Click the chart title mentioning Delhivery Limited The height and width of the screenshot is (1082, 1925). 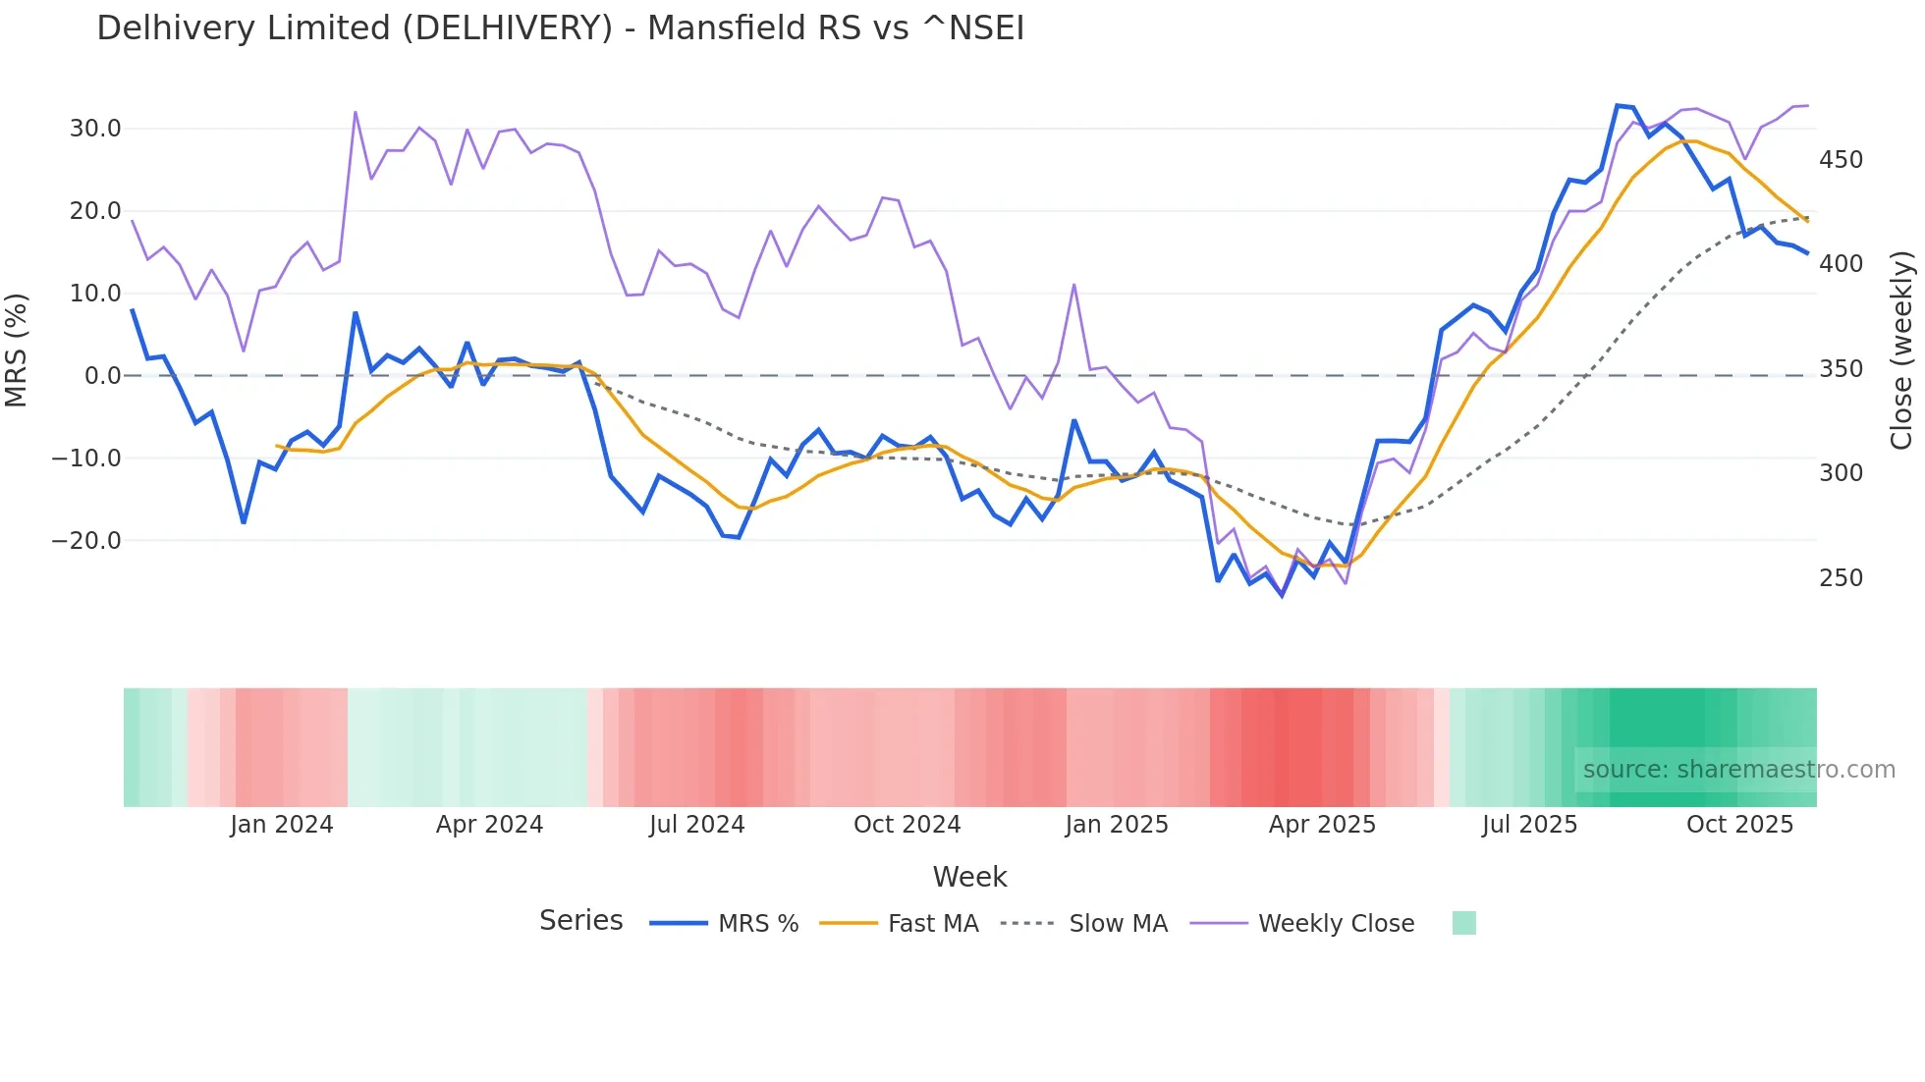click(560, 28)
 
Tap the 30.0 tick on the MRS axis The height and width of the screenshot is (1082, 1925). click(95, 129)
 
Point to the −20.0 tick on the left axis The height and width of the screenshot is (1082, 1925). click(86, 541)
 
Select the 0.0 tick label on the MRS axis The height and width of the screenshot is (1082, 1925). click(102, 376)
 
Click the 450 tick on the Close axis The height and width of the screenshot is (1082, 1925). click(1841, 160)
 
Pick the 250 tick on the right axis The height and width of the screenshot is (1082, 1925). click(1841, 578)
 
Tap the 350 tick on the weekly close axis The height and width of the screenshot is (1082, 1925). click(1841, 369)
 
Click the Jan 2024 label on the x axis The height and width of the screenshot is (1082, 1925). click(282, 825)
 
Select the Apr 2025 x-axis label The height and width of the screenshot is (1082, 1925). click(1322, 825)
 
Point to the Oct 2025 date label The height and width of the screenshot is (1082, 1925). click(1739, 825)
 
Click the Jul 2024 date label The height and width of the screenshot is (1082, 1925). click(696, 825)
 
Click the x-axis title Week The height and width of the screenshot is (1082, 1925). click(969, 877)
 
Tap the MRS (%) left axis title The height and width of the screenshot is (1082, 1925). click(17, 351)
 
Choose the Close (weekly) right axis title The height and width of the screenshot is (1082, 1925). click(1902, 351)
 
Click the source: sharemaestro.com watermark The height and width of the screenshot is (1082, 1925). click(1738, 770)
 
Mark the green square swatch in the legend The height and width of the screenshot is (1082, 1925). click(1463, 923)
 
